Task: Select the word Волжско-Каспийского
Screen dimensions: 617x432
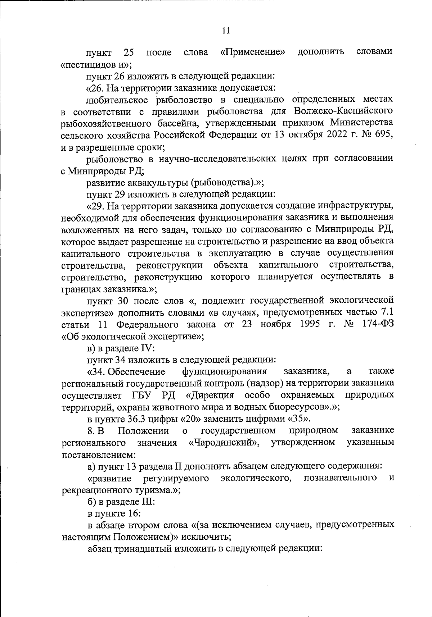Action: pyautogui.click(x=343, y=111)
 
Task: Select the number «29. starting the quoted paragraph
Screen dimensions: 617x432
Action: pyautogui.click(x=95, y=206)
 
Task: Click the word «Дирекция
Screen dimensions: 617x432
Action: pyautogui.click(x=210, y=396)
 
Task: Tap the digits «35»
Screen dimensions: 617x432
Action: pyautogui.click(x=298, y=419)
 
